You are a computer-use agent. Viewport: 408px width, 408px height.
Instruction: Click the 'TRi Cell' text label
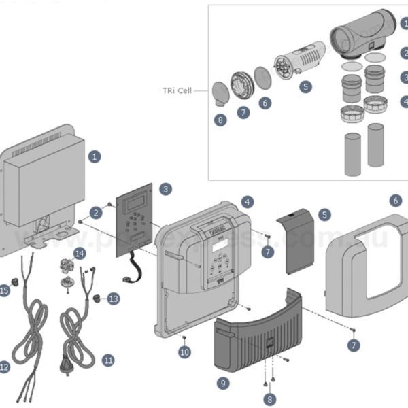click(x=177, y=90)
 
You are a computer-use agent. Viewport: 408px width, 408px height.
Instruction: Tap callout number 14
click(x=80, y=254)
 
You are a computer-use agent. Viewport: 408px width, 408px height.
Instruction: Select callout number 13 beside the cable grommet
click(x=113, y=298)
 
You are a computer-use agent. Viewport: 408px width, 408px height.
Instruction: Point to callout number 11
click(x=108, y=360)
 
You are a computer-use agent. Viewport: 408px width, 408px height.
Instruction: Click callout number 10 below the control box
click(x=184, y=352)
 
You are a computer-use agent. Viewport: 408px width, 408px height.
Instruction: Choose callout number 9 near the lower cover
click(x=224, y=383)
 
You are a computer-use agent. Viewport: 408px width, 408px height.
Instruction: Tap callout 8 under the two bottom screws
click(x=270, y=399)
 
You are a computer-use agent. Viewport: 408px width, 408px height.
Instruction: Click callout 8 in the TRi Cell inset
click(x=220, y=120)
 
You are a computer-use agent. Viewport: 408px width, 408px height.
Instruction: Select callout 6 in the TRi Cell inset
click(x=265, y=103)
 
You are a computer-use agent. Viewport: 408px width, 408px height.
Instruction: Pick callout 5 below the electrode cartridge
click(x=305, y=86)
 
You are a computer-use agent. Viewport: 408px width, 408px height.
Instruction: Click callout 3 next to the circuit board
click(x=165, y=188)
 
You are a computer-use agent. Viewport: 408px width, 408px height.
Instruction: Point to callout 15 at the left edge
click(x=5, y=291)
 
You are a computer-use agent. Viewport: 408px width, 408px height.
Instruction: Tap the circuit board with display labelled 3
click(x=136, y=218)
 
